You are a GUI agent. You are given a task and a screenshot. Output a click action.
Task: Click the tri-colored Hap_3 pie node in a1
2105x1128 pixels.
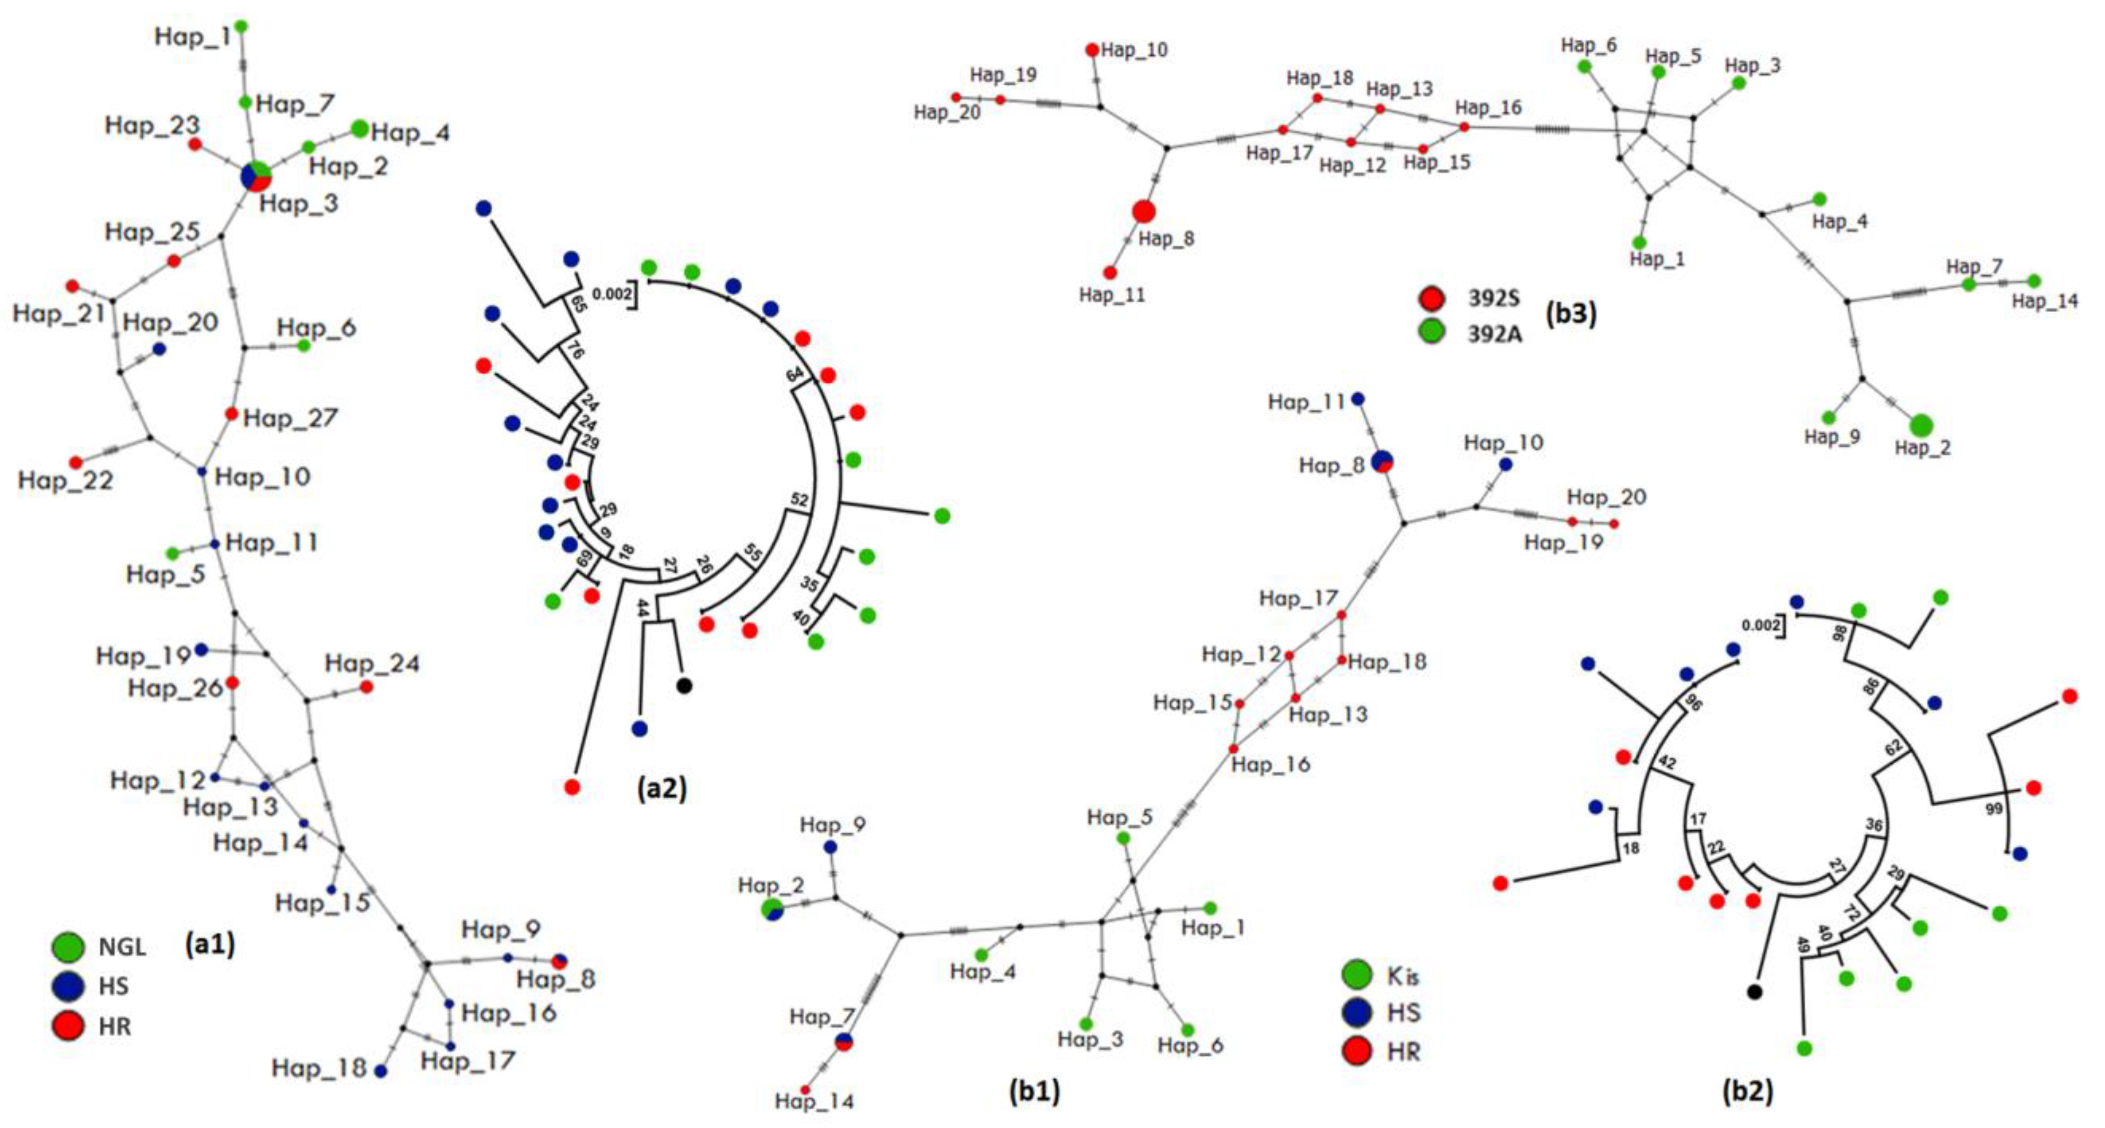coord(256,176)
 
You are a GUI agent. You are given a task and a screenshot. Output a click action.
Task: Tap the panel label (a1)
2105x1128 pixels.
coord(210,944)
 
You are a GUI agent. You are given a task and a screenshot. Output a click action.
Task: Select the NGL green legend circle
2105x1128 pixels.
coord(68,946)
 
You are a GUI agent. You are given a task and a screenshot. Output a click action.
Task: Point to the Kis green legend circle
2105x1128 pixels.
coord(1358,975)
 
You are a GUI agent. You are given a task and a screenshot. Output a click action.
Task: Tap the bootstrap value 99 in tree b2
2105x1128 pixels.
coord(1994,808)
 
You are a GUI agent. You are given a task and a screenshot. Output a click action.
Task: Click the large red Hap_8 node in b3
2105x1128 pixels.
coord(1144,212)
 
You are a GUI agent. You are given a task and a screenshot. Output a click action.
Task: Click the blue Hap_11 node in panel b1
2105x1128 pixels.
coord(1358,399)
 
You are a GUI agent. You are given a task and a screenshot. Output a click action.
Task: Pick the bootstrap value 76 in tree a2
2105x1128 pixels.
coord(575,351)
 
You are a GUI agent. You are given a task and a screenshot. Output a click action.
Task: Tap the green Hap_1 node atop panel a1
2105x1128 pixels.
coord(241,26)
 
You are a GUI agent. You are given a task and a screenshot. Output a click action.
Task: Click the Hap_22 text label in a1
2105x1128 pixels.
coord(65,480)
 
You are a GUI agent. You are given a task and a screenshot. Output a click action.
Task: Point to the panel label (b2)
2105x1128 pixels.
coord(1747,1091)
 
